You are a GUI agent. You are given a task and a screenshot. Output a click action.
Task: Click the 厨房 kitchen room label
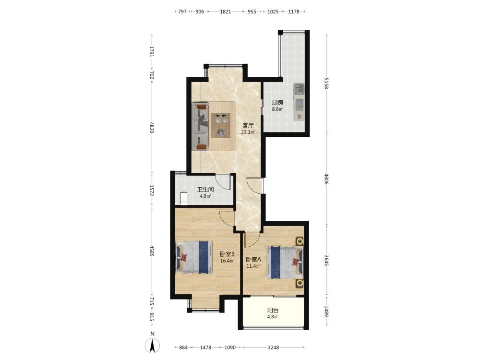277,103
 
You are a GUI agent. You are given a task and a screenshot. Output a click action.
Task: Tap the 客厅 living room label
248,125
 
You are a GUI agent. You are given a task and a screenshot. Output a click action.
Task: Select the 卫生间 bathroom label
205,190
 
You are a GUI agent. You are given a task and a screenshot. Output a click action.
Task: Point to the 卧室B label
227,254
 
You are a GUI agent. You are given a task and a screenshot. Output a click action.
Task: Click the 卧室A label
253,259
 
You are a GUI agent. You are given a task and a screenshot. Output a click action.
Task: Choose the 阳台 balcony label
273,310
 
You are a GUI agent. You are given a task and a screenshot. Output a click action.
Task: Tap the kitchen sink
299,89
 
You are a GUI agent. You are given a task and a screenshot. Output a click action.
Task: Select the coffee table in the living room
221,125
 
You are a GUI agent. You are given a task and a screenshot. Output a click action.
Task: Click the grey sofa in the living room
200,127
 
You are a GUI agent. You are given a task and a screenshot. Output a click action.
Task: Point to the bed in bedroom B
194,257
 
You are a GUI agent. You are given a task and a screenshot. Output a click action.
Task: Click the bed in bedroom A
285,263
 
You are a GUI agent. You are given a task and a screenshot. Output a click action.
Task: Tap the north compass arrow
152,346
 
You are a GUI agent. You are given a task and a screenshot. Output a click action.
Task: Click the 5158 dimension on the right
326,83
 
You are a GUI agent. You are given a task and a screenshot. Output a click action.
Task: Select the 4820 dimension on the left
152,127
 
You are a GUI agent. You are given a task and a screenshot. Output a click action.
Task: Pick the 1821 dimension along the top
225,12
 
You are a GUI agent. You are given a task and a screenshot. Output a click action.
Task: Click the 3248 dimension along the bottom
274,348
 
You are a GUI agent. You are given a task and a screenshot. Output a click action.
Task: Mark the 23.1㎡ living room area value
248,132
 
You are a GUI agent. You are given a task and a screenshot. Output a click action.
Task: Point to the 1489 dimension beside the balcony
326,312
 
